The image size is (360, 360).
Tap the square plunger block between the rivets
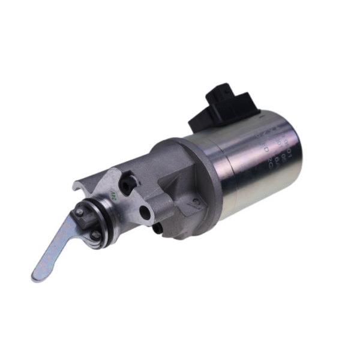(x=87, y=223)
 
